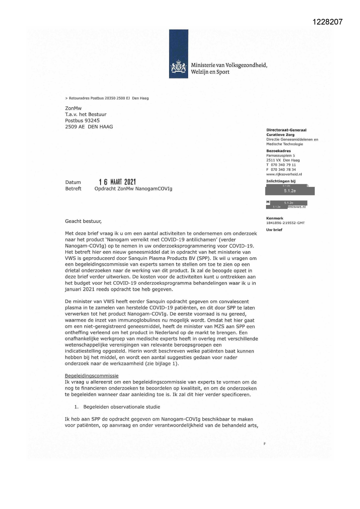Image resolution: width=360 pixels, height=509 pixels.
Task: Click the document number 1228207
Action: pyautogui.click(x=328, y=22)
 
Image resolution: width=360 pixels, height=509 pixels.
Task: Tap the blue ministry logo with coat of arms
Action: pyautogui.click(x=178, y=54)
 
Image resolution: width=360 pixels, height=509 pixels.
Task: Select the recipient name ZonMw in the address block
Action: pyautogui.click(x=73, y=108)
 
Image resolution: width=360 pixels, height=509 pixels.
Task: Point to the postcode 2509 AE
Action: pyautogui.click(x=75, y=127)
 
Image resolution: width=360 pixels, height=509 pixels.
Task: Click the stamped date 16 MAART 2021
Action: pyautogui.click(x=117, y=182)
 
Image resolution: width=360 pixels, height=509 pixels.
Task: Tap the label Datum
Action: pyautogui.click(x=73, y=182)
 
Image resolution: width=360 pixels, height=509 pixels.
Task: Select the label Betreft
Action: pyautogui.click(x=73, y=189)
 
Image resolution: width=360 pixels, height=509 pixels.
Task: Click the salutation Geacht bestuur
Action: pyautogui.click(x=84, y=221)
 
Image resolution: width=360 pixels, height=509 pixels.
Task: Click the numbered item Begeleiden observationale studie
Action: pyautogui.click(x=122, y=407)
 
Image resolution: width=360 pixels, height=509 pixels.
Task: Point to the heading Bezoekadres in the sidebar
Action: pyautogui.click(x=278, y=151)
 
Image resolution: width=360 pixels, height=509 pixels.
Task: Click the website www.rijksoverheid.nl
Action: pyautogui.click(x=284, y=174)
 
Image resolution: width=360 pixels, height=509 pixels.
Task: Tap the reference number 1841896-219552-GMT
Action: pyautogui.click(x=285, y=223)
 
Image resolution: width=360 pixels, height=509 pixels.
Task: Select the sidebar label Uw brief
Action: pyautogui.click(x=274, y=230)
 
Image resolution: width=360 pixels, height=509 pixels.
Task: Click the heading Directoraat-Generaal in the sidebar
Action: pyautogui.click(x=286, y=130)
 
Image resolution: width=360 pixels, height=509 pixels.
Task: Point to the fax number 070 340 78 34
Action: pyautogui.click(x=283, y=169)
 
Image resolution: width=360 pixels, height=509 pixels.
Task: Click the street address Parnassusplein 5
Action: pyautogui.click(x=281, y=156)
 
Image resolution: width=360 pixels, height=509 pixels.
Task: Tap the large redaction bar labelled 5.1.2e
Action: pyautogui.click(x=290, y=191)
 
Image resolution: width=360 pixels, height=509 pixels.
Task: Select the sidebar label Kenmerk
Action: pyautogui.click(x=275, y=218)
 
